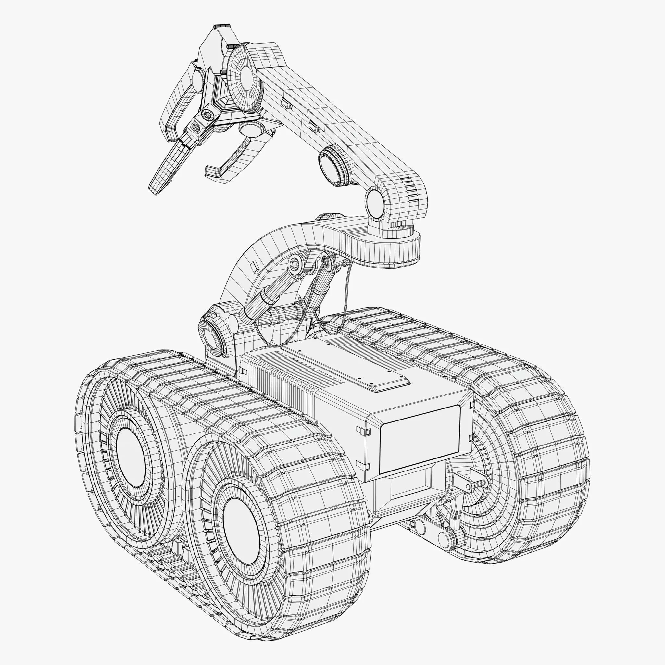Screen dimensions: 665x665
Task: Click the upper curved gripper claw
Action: click(x=179, y=103)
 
